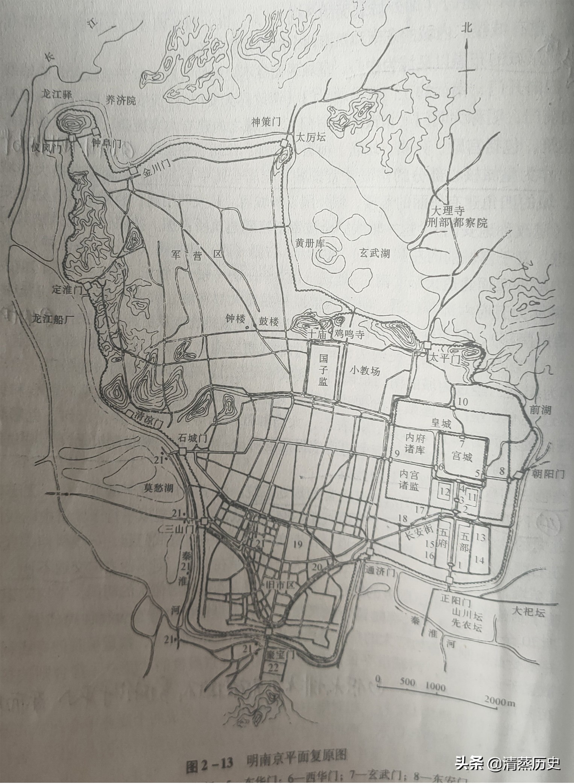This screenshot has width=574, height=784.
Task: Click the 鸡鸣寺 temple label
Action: tap(349, 335)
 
